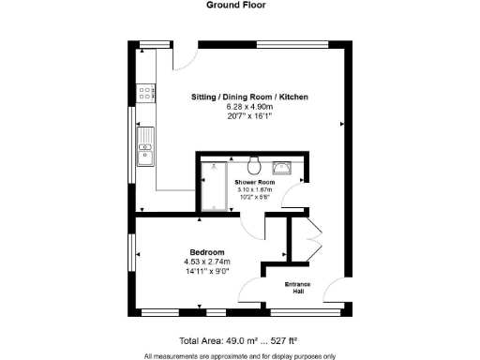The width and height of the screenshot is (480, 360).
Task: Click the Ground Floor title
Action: coord(241,5)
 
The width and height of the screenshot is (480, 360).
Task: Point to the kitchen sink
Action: coord(145,148)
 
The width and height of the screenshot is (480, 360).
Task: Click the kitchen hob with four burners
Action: coord(145,92)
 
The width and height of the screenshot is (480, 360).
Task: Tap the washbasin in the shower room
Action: coord(284,169)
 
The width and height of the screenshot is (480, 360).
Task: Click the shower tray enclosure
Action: coord(214,187)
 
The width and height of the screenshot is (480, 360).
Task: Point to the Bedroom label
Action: coord(206,252)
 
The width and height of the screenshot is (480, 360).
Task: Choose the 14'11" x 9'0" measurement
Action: coord(206,271)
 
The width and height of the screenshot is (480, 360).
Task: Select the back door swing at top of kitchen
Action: coord(185,56)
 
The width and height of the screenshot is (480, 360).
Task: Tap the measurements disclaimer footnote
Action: coord(239,355)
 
